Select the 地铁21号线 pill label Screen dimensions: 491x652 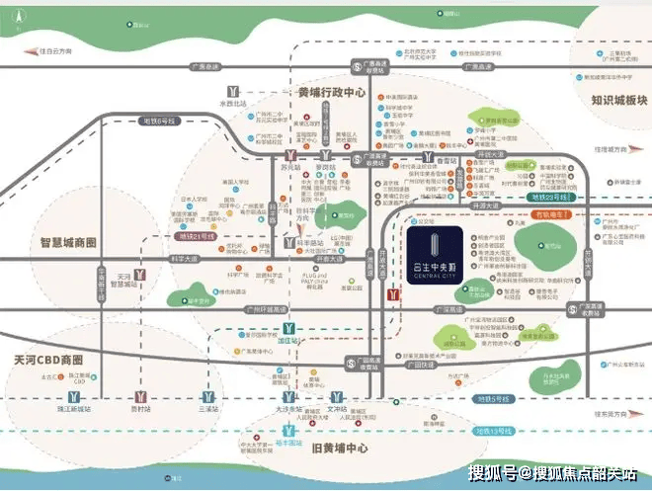pos(194,238)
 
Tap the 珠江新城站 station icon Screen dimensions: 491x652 pos(73,396)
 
